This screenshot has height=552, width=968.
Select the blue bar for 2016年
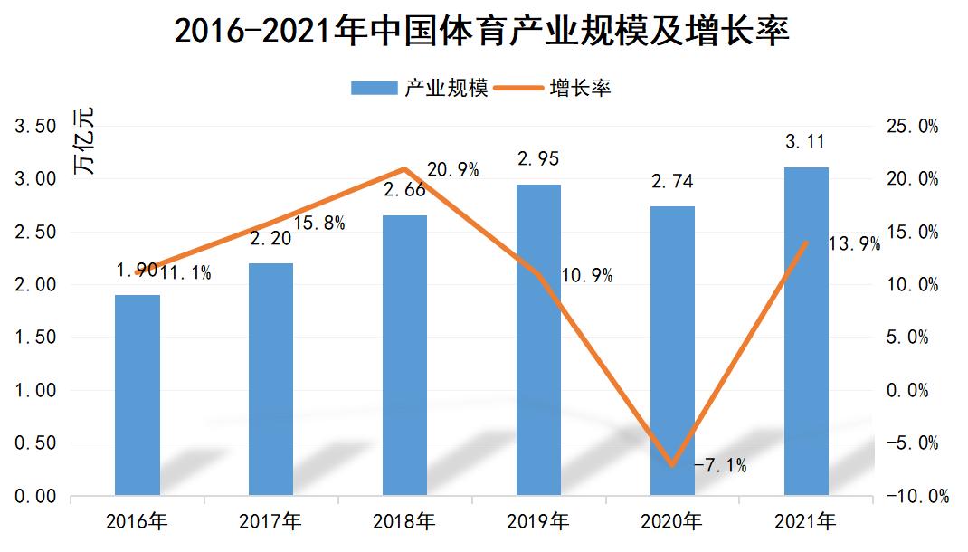pos(138,395)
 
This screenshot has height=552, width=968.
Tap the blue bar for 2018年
pos(404,355)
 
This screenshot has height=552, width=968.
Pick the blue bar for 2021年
pos(805,331)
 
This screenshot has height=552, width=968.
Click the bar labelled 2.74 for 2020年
pos(672,350)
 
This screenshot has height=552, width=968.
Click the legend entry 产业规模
pos(420,88)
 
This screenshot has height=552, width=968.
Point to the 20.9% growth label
pos(452,169)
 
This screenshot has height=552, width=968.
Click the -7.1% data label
pos(720,466)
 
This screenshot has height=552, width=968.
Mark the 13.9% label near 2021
pos(854,243)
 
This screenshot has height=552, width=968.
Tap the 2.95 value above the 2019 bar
pos(538,159)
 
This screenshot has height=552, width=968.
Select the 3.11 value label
pos(805,141)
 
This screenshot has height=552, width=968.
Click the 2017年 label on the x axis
pos(270,521)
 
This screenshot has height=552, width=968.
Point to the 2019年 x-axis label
pos(538,521)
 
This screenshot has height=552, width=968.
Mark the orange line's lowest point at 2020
pos(672,465)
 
